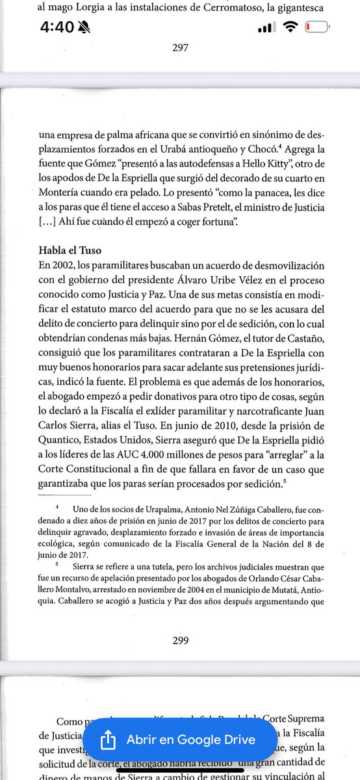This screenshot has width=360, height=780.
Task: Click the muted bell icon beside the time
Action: pos(83,29)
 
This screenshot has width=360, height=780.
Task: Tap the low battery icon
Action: pos(317,29)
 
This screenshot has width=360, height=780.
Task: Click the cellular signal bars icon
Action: pos(264,29)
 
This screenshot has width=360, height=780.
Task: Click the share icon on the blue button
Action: pos(107,739)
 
